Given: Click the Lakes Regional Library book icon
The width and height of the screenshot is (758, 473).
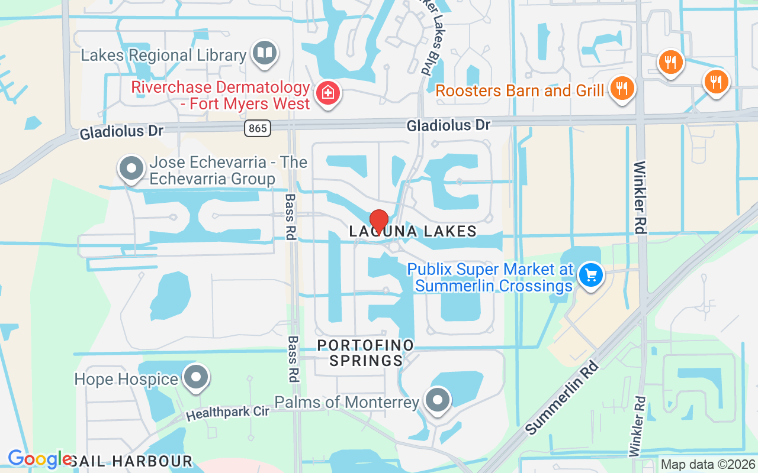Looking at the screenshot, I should coord(264,53).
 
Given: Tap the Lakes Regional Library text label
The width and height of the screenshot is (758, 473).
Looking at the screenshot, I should coord(163,56).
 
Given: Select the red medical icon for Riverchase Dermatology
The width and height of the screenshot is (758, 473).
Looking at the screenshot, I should coord(326,93).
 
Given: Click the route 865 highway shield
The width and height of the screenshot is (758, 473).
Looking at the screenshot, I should coord(258,128).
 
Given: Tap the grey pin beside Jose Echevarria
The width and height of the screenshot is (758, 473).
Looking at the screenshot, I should coord(131,169).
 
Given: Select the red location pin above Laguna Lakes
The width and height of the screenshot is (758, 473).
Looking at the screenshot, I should coord(378,222).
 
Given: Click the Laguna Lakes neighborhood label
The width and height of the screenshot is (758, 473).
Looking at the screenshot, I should coord(413,231).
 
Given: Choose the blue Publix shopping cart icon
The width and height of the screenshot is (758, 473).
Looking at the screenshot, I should coord(590,275).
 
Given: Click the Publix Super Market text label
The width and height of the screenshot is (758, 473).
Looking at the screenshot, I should coord(490,277).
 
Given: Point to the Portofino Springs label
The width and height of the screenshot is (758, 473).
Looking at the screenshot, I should coord(365,352).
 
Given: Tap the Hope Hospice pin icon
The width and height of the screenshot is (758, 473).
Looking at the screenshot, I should coord(195,377).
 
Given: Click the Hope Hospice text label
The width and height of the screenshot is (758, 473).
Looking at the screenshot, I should coord(126,379).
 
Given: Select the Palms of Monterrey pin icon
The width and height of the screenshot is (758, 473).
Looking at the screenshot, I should coord(438,400).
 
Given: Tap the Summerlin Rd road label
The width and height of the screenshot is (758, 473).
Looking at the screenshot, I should coord(563,397).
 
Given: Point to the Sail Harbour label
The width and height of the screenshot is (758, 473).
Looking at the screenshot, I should coord(131,461).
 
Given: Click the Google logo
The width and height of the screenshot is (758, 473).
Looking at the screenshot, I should coord(40,459).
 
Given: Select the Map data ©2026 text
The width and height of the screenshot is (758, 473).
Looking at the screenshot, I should coord(708,465).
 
